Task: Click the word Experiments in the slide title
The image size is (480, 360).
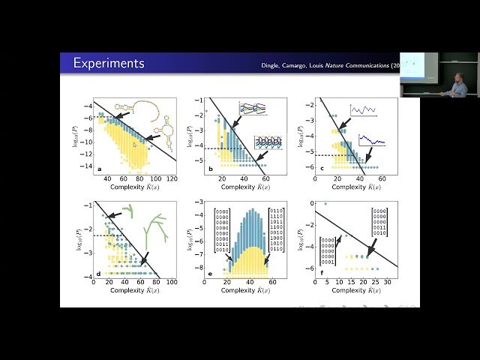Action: (x=108, y=64)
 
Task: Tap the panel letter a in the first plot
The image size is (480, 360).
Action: (x=99, y=169)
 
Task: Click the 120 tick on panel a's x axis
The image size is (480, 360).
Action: (x=172, y=179)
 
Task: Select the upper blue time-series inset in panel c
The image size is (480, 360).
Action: (x=363, y=110)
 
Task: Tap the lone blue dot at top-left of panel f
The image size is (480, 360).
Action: (x=325, y=203)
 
